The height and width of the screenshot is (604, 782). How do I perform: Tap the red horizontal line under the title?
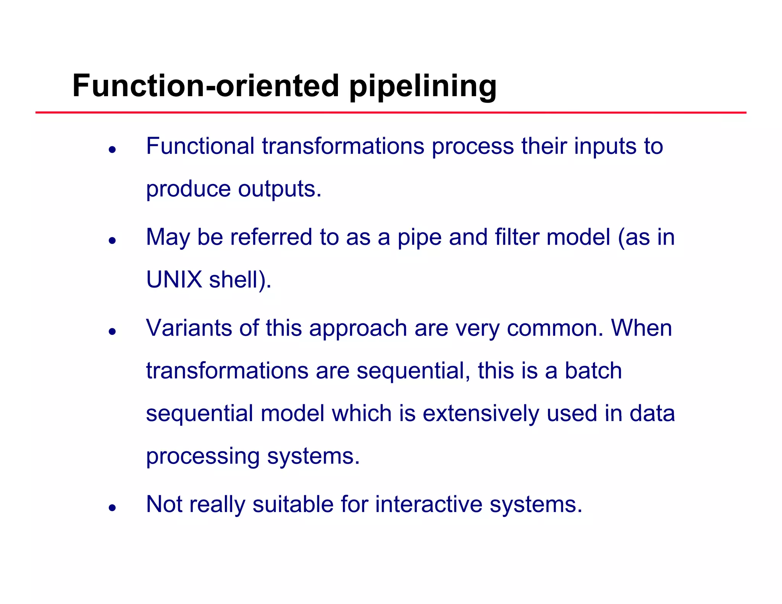click(391, 113)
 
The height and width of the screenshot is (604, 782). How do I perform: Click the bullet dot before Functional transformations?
click(112, 150)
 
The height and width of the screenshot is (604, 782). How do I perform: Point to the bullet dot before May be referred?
click(112, 241)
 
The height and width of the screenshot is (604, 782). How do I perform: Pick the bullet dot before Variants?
click(112, 331)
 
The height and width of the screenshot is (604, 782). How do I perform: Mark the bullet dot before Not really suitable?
click(112, 507)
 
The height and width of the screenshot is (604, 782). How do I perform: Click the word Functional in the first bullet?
click(200, 146)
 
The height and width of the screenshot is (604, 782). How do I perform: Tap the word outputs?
click(280, 189)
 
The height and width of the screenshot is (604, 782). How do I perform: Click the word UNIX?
click(174, 279)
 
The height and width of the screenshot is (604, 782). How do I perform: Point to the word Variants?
click(189, 328)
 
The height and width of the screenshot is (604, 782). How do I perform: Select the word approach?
click(358, 329)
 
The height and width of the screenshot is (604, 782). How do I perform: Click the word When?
click(641, 328)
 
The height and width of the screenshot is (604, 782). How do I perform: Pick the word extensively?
click(481, 413)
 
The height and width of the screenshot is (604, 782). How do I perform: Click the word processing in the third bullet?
click(203, 457)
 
